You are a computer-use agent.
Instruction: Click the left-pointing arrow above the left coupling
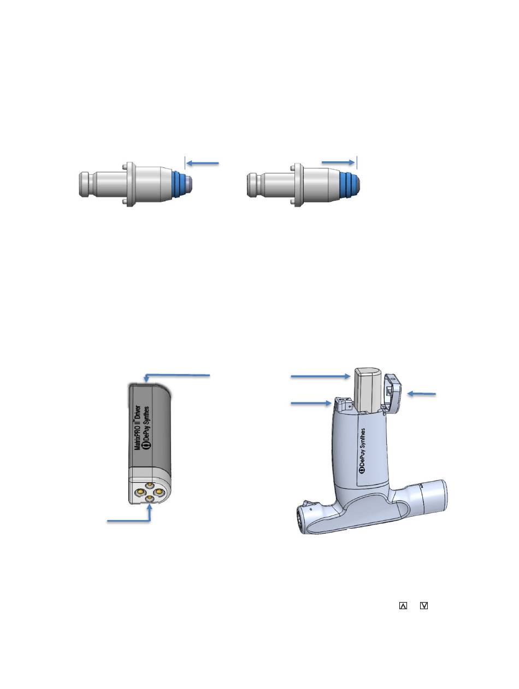(x=202, y=163)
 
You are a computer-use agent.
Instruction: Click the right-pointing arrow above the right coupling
(x=338, y=162)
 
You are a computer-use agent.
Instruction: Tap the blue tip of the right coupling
(x=349, y=183)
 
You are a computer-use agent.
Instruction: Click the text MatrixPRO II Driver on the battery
(x=137, y=428)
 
